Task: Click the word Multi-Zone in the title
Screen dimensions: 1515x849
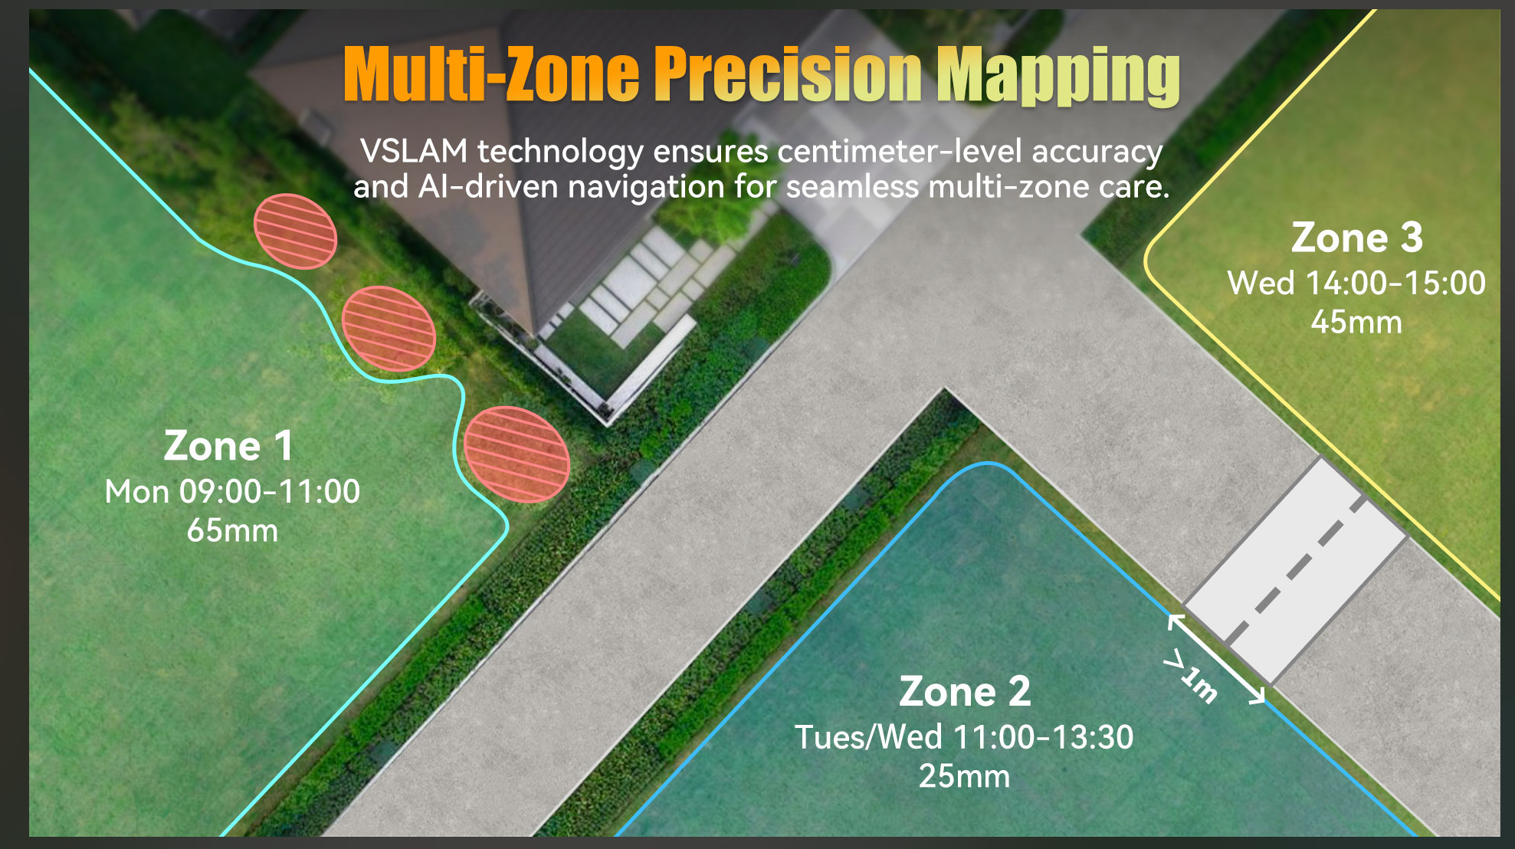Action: (491, 74)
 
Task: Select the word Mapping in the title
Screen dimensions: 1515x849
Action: (1058, 76)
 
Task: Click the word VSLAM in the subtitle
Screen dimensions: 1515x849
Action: (414, 151)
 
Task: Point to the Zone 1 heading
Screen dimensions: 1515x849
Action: (228, 446)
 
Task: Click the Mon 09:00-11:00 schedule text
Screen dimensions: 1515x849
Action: (232, 492)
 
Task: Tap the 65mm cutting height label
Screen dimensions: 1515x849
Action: (232, 531)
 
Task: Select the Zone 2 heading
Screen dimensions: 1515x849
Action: (965, 691)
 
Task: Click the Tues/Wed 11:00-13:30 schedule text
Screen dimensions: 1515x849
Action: (964, 737)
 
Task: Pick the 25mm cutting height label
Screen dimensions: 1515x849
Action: (964, 776)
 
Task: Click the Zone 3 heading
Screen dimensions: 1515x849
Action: (1357, 238)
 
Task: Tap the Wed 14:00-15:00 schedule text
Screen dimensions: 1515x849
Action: (1356, 284)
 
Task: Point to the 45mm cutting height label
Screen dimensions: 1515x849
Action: (1356, 323)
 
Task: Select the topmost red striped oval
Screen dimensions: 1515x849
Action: (295, 231)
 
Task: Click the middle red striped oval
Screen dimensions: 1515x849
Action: (389, 329)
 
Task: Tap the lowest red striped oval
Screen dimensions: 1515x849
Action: (516, 454)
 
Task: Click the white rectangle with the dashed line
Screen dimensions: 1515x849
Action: (1295, 571)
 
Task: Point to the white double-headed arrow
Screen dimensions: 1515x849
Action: (1216, 659)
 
